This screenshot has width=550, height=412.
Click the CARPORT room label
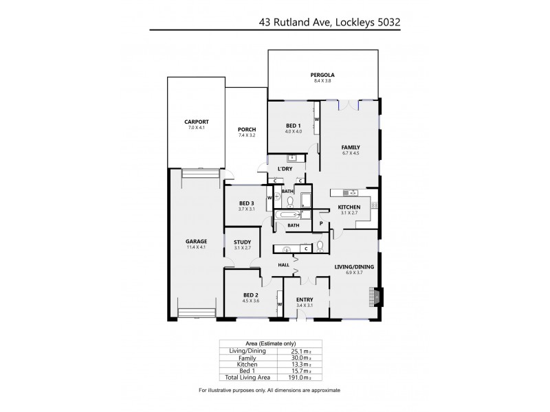196,122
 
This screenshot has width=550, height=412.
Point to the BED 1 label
294,126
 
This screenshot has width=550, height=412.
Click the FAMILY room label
351,148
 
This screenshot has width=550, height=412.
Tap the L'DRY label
285,169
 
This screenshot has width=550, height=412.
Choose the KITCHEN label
349,208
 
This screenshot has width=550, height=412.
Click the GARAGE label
196,241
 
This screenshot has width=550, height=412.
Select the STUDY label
241,242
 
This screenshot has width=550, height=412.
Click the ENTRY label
304,299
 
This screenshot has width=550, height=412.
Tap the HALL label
283,265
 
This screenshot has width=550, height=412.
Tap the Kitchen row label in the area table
247,365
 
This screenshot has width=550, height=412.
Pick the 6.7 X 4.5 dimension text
351,154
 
